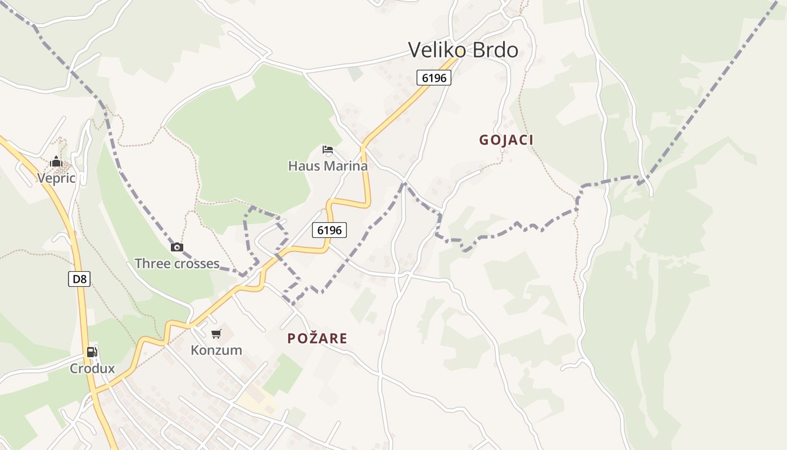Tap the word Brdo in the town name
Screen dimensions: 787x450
tap(495, 50)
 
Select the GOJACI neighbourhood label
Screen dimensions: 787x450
tap(506, 140)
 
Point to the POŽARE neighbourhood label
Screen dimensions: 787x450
tap(317, 339)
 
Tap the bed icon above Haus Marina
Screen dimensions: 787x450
tap(328, 150)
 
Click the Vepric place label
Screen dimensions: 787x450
tap(56, 178)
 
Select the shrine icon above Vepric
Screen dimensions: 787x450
tap(56, 162)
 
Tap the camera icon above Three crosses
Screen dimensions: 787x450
tap(177, 247)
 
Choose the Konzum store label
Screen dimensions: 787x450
tap(216, 350)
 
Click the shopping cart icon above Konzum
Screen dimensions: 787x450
tap(216, 334)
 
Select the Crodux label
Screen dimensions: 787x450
tap(92, 369)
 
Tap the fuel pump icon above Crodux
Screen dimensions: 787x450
tap(92, 353)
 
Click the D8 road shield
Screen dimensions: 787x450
tap(79, 279)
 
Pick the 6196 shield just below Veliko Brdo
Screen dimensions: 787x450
tap(434, 78)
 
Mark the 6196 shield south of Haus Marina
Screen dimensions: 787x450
tap(329, 229)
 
